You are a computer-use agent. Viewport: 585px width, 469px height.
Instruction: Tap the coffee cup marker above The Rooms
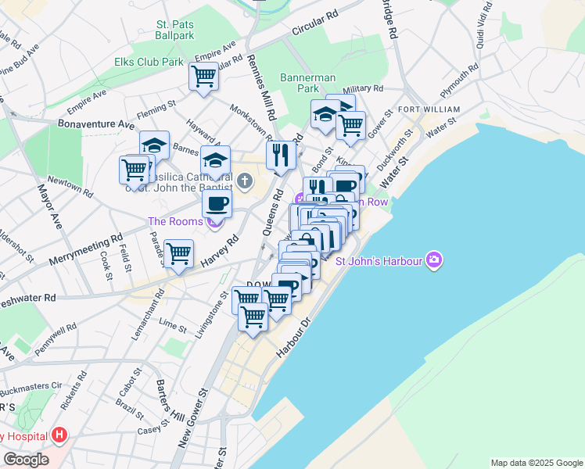click(x=217, y=204)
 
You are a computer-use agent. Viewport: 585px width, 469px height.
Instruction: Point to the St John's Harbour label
click(x=379, y=260)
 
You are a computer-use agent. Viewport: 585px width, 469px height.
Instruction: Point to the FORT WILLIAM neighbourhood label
click(x=429, y=109)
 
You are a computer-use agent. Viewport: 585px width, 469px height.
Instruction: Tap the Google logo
click(x=26, y=460)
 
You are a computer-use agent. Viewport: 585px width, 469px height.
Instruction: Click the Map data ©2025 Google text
click(x=536, y=463)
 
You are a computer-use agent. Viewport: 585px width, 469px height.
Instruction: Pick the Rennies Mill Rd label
click(x=261, y=86)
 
